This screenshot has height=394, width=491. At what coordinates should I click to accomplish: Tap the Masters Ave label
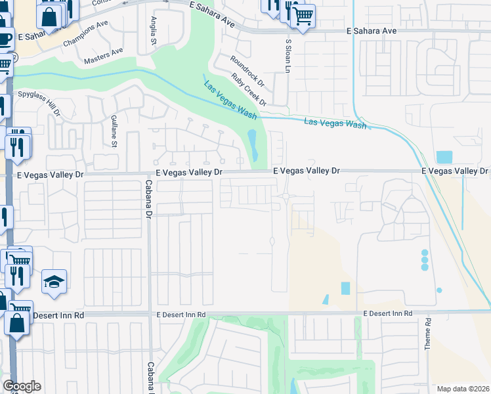pos(103,56)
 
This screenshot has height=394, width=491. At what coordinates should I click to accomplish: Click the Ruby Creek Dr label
pos(253,89)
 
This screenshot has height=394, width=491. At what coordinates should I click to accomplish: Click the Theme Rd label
pos(427,334)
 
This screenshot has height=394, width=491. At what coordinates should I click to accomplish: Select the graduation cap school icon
pos(54,282)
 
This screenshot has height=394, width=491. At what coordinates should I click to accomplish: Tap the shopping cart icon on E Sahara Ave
pos(302,16)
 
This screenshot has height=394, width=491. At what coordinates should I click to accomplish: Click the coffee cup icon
pos(5,39)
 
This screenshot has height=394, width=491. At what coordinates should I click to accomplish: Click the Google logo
pos(22,386)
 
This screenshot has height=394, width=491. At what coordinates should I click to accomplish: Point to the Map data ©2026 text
pos(463,389)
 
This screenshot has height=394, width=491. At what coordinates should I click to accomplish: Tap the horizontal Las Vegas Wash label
pos(335,123)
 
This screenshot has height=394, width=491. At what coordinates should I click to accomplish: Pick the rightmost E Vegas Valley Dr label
pos(455,171)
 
